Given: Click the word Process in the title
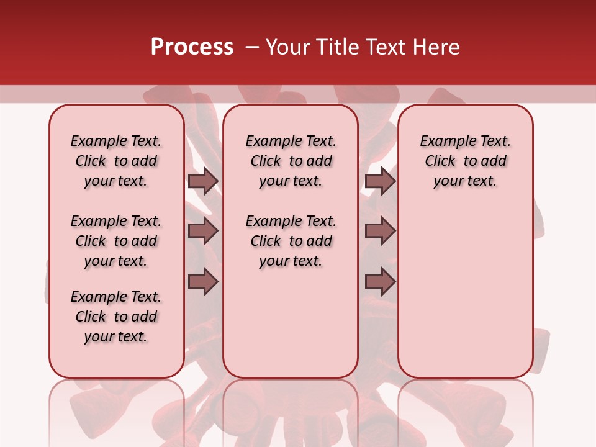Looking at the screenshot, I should tap(192, 47).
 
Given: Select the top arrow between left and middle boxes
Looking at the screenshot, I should tap(203, 181).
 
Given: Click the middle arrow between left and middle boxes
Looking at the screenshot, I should tap(203, 231).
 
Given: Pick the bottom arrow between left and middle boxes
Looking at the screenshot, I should tap(203, 282).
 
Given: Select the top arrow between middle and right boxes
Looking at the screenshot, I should tap(380, 181).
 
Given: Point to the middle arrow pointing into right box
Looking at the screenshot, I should tap(380, 231).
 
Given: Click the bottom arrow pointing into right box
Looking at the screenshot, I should tap(380, 282).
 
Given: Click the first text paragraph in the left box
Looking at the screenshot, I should tap(116, 161).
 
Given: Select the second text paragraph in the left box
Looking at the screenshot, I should tap(116, 241).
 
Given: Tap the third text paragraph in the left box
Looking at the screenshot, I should tap(116, 317).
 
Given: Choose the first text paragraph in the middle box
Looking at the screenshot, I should tap(291, 161).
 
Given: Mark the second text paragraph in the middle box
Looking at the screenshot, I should tap(291, 241).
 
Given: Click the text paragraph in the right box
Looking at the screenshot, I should tap(466, 161).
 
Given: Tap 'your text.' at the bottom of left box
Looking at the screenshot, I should tap(116, 336).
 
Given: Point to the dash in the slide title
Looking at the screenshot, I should tap(252, 47).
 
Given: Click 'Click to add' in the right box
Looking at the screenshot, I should tap(466, 161).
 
